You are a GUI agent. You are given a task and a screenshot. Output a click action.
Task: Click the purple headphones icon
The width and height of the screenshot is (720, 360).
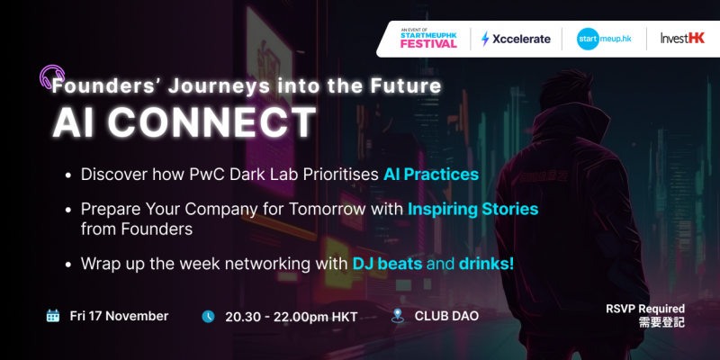click(51, 76)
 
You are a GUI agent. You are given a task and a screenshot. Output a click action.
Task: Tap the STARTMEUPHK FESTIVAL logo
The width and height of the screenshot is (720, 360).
click(428, 39)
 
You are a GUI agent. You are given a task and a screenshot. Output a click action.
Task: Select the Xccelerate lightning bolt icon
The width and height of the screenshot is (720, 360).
click(485, 39)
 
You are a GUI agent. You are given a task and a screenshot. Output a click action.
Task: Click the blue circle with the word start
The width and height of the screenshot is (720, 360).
click(588, 39)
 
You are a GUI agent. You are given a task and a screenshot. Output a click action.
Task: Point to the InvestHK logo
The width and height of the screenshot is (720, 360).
click(682, 39)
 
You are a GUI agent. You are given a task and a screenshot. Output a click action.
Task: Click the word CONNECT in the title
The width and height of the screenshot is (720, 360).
click(211, 122)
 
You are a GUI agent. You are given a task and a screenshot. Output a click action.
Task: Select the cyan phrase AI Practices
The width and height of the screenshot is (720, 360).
click(431, 175)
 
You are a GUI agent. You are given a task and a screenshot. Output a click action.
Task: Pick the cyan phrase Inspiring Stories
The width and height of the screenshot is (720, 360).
click(473, 210)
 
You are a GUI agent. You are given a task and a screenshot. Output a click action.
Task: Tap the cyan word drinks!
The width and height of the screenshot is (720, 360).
click(486, 264)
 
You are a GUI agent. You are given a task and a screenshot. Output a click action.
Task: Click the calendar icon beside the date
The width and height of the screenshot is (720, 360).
click(53, 316)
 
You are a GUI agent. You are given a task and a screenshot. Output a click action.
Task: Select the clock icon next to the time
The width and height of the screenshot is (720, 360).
click(208, 317)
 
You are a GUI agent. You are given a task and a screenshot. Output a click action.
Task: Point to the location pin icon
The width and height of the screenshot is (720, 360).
click(397, 316)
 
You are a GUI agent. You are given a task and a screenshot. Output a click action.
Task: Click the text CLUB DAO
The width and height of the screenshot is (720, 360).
click(446, 316)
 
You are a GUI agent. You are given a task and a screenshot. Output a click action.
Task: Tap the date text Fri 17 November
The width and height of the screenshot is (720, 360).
click(119, 316)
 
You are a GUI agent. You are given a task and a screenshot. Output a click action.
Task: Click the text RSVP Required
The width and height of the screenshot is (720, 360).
click(645, 309)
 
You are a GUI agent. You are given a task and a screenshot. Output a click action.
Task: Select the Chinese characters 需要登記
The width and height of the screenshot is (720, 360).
click(661, 322)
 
